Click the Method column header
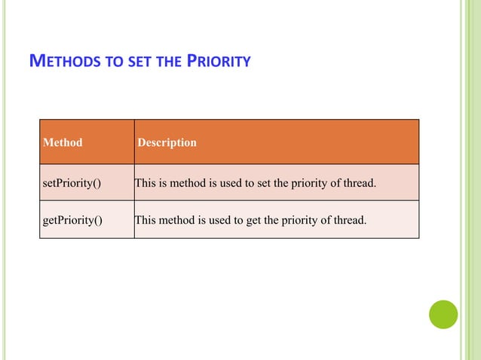tap(63, 142)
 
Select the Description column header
tap(167, 142)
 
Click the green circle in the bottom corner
tap(443, 314)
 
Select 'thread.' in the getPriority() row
tap(349, 221)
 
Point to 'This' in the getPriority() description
tap(145, 221)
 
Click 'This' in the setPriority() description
tap(145, 182)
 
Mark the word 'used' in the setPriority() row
tap(223, 182)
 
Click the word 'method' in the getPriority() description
tap(176, 221)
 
